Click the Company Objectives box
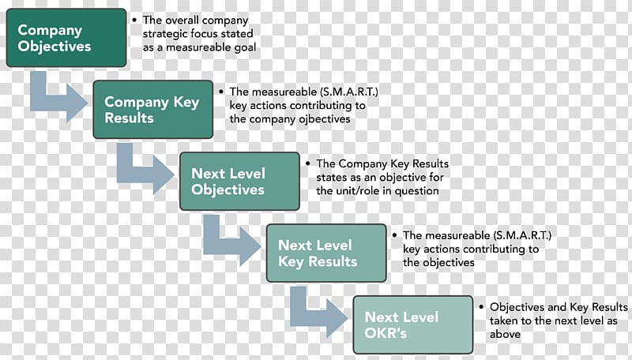(66, 38)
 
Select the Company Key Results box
(152, 110)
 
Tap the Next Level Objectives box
(239, 182)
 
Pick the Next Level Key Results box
(326, 253)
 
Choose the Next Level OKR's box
(412, 324)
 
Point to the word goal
(246, 48)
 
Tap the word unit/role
(356, 190)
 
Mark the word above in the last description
(505, 334)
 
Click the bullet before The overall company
(134, 20)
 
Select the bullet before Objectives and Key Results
(481, 307)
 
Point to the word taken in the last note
(503, 321)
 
